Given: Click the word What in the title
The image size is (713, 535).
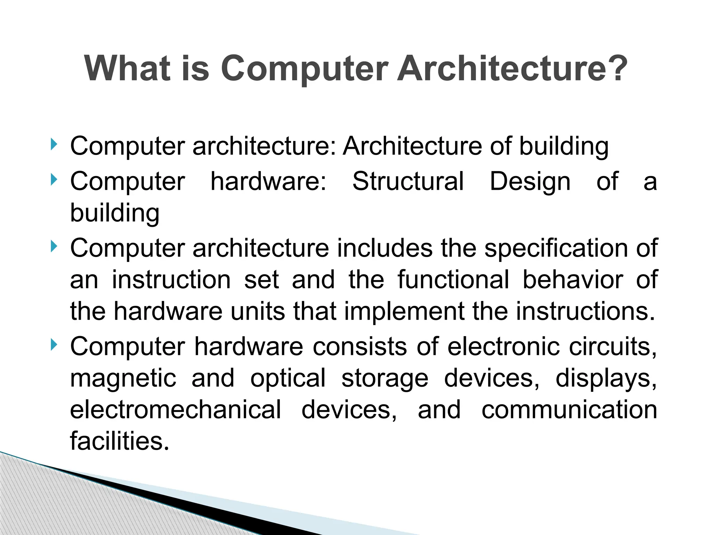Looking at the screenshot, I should tap(127, 68).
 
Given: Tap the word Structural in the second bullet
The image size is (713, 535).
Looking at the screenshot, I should tap(408, 181).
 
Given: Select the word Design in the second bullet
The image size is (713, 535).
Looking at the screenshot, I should tap(530, 182).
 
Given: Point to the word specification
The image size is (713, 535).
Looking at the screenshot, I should tap(556, 249).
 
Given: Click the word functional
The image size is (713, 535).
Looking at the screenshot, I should tap(453, 280).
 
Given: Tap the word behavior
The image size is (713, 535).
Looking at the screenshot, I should tap(573, 280).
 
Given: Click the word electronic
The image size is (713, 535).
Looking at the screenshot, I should tap(503, 347).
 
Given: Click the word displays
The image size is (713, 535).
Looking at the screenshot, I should tap(605, 378).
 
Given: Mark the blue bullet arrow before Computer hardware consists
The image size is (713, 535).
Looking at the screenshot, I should tap(53, 345).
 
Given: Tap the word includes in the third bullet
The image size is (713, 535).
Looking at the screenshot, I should tap(384, 248).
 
